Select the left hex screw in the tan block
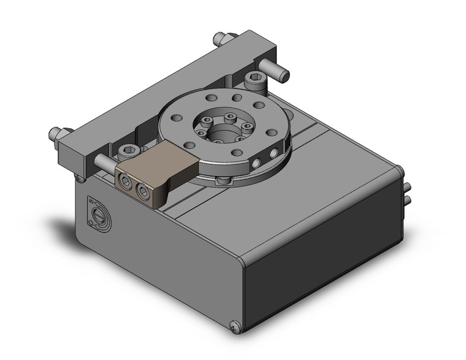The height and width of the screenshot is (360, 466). pos(125,182)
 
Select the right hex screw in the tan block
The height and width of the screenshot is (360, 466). pos(143,192)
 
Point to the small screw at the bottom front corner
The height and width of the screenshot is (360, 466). pos(237,328)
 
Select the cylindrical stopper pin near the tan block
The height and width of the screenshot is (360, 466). pos(103,163)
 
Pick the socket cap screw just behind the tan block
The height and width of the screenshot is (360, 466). pos(128,151)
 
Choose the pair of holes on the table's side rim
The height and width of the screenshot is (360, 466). pos(261,159)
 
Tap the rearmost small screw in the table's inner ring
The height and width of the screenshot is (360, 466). pos(230,116)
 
